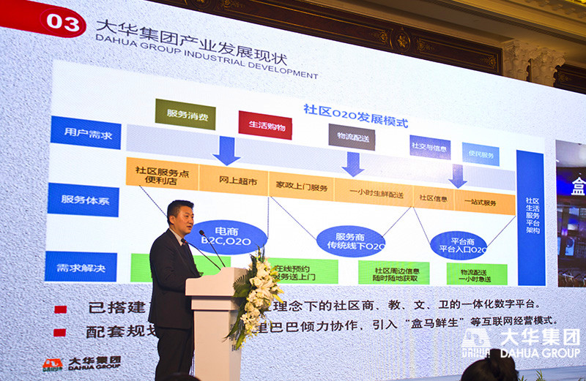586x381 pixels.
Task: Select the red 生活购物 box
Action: pos(264,125)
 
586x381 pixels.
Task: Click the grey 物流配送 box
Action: pos(352,137)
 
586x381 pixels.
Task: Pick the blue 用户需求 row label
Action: pos(86,132)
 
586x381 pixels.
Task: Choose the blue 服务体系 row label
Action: pos(83,199)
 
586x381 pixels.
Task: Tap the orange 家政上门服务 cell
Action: pos(300,186)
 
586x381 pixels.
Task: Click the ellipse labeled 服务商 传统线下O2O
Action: pos(350,241)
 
